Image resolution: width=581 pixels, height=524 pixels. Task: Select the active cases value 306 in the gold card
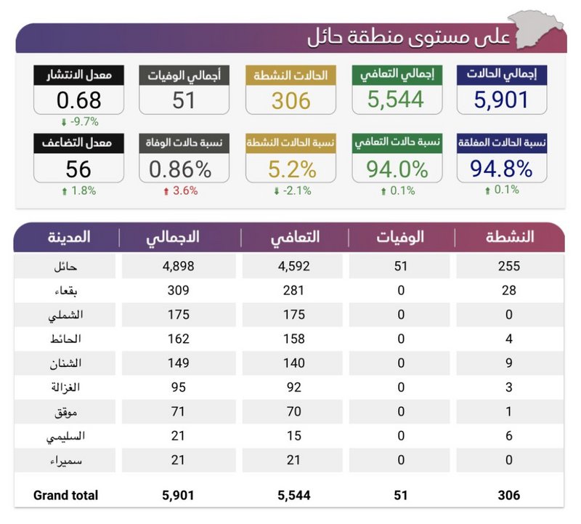coord(291,100)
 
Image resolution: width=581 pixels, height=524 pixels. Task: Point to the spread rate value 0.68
coord(78,100)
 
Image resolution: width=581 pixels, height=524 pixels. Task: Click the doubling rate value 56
coord(78,169)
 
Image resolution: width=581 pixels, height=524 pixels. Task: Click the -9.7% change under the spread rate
coord(79,121)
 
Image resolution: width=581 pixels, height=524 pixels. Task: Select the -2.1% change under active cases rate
coord(291,191)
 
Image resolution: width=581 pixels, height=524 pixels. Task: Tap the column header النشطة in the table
coord(509,237)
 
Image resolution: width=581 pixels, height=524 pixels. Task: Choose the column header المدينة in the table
coord(69,237)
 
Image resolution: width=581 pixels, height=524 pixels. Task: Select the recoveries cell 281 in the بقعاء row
coord(293,290)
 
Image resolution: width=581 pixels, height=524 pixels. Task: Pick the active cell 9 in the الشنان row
coord(509,363)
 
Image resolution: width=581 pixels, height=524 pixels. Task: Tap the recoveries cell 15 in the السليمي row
coord(293,436)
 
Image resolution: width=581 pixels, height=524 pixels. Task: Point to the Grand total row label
coord(65,495)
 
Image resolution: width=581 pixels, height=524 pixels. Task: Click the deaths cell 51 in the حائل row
coord(400,266)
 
